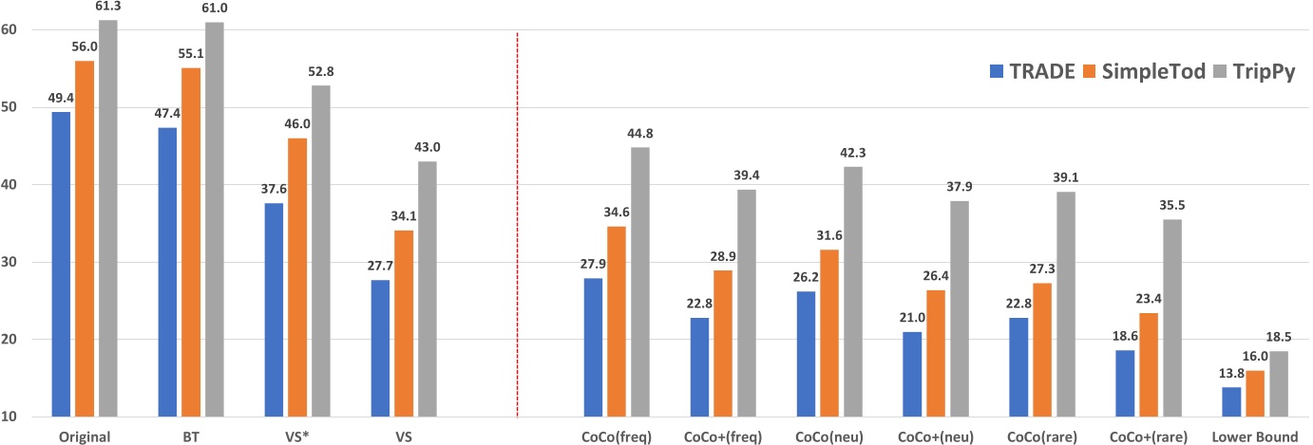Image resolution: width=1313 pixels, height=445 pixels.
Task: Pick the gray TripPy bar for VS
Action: (428, 288)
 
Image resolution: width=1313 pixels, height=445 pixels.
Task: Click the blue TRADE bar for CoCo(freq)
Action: (592, 347)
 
